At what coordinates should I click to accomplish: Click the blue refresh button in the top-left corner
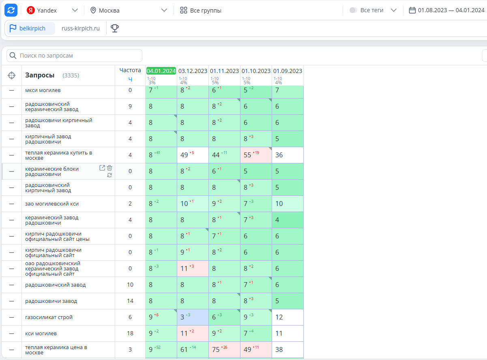11,10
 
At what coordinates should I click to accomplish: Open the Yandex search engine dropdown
52,10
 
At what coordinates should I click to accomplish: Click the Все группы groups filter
201,10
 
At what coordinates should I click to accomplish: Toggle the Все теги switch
353,10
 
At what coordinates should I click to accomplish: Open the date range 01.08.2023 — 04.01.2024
446,10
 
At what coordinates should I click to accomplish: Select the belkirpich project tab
31,28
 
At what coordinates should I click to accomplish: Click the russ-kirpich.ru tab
81,28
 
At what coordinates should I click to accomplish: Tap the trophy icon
115,28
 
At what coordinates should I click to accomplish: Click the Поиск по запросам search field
75,56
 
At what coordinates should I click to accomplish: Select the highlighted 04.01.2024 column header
161,71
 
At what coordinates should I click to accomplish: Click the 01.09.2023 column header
287,71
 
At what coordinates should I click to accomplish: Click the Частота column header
130,70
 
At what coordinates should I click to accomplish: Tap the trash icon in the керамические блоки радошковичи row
109,168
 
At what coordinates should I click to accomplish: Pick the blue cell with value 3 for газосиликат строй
193,317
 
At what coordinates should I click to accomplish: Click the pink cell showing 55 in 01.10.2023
256,155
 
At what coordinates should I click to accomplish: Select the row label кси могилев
41,333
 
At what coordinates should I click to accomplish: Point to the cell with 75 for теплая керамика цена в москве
224,349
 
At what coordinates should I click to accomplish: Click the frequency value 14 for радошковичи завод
130,301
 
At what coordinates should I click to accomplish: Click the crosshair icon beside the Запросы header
11,75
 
